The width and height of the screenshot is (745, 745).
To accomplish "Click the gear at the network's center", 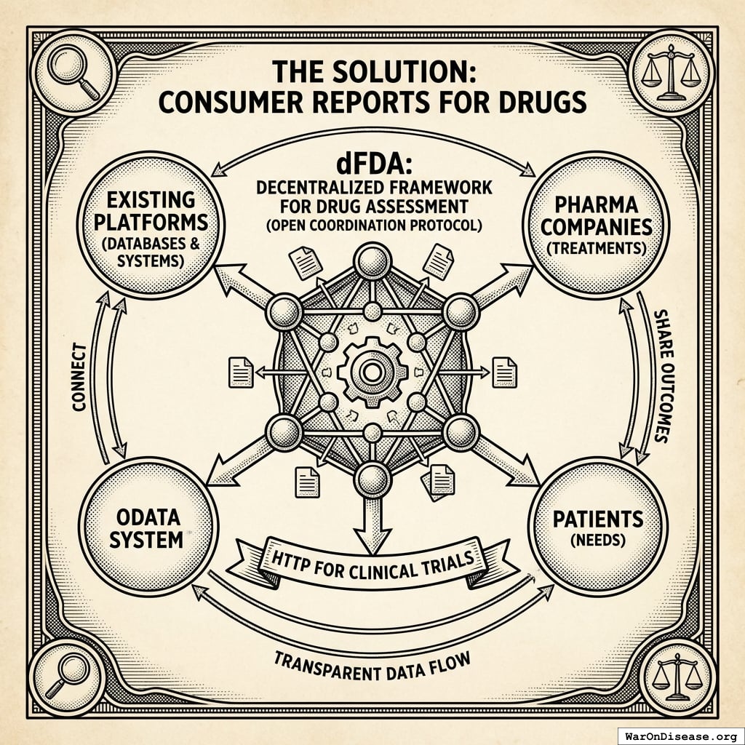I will coord(372,372).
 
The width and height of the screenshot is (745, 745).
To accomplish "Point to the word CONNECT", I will coord(79,378).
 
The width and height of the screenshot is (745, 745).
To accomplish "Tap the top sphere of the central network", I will coord(372,260).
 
